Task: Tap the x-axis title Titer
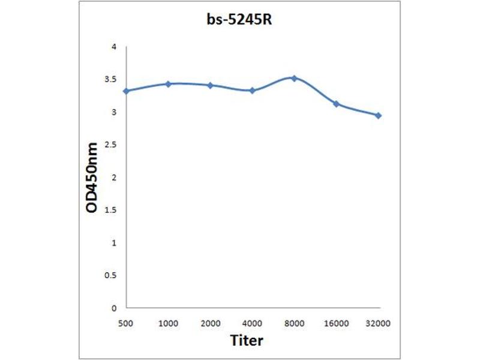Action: pos(247,340)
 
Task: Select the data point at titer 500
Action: pos(126,91)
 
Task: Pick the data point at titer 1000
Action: pos(169,84)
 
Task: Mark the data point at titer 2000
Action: pos(210,85)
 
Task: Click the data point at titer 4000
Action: pos(252,91)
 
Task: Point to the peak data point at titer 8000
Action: pos(294,78)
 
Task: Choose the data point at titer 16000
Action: pos(336,104)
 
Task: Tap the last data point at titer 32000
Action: pos(378,115)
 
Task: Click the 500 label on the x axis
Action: pos(126,323)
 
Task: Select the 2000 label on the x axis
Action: pos(210,323)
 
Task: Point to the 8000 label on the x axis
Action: pos(294,323)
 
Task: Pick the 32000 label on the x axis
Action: pos(378,323)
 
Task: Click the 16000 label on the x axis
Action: pos(336,323)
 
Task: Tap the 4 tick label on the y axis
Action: pos(114,47)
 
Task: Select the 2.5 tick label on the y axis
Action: pos(111,145)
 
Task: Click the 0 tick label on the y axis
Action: pos(114,308)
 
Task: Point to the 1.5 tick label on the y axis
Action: pos(111,210)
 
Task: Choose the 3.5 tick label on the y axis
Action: pos(111,79)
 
